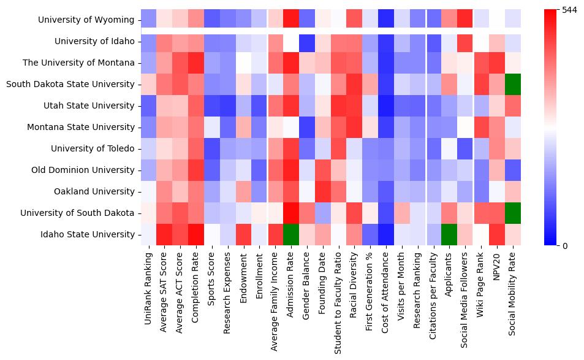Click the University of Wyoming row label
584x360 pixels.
tap(86, 20)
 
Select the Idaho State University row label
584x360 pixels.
tap(93, 234)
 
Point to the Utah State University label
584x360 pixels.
tap(89, 105)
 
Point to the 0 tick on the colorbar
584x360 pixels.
tap(565, 246)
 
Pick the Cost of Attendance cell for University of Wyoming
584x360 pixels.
tap(387, 20)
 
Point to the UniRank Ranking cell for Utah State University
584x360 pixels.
tap(148, 105)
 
